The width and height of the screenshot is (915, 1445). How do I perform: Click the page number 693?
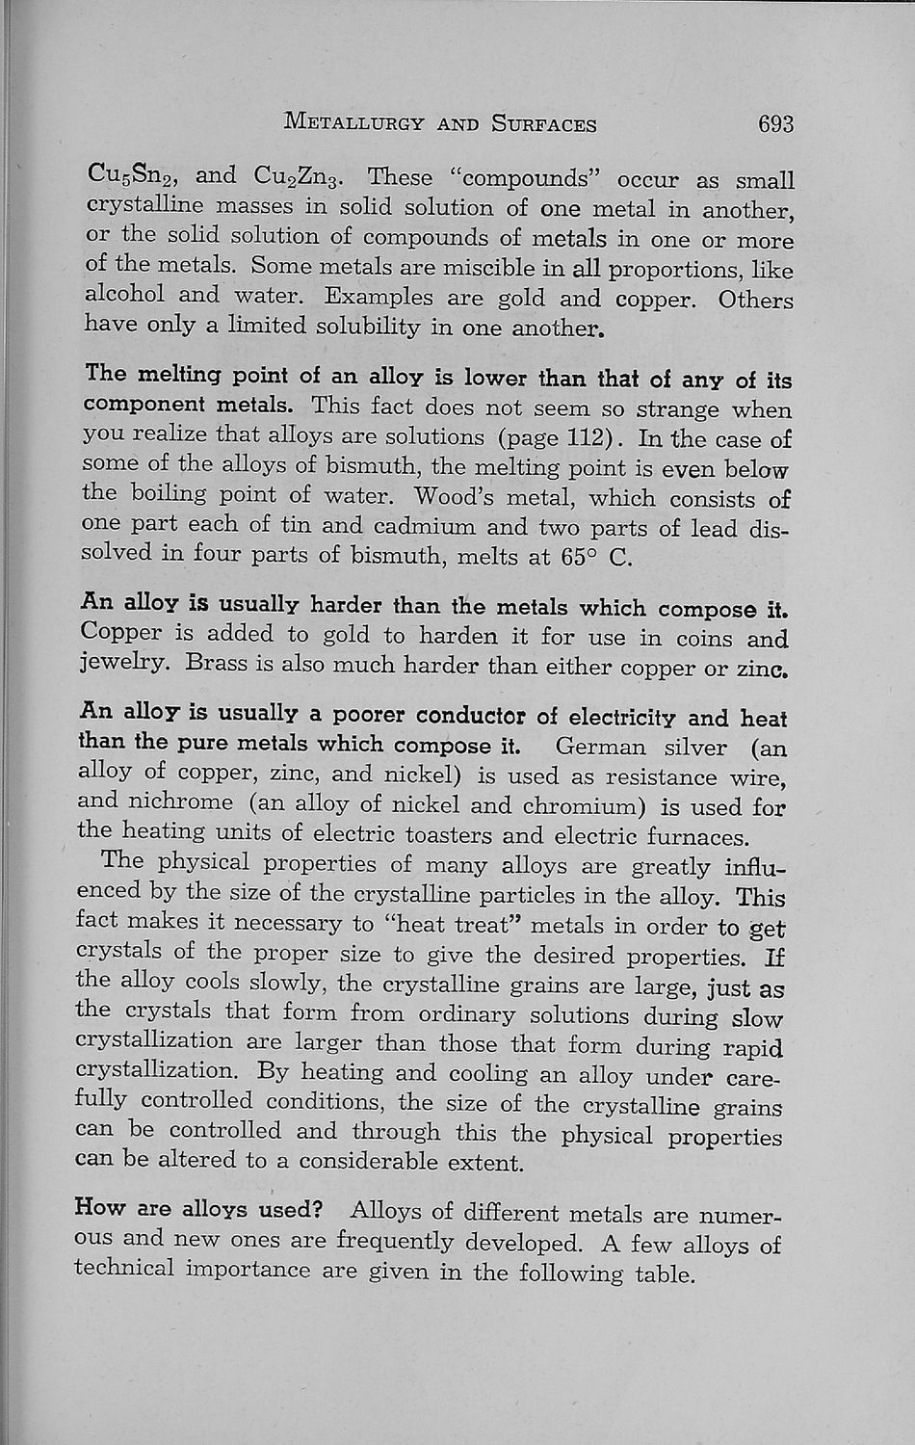(774, 123)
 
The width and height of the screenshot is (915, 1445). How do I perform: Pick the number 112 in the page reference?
(586, 438)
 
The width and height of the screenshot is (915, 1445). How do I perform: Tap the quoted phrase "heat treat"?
(453, 924)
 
